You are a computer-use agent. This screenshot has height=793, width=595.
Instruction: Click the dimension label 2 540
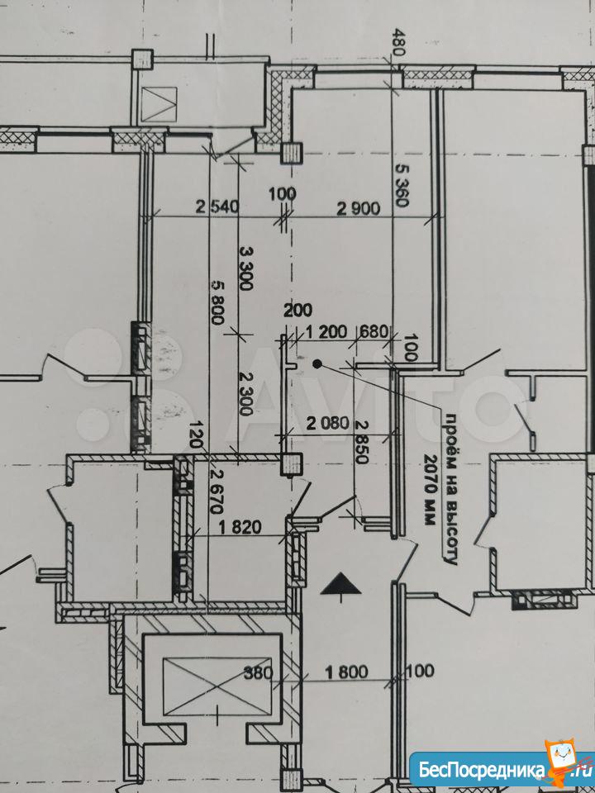(217, 207)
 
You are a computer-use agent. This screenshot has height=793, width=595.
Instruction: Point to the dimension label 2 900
(358, 207)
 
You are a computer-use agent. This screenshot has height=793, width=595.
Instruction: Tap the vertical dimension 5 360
(402, 186)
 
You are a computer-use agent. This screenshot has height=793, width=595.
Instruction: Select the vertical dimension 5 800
(217, 302)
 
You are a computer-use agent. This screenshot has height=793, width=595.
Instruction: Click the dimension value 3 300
(245, 268)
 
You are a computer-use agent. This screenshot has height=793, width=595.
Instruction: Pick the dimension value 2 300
(245, 394)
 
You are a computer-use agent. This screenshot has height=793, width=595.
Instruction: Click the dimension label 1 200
(326, 332)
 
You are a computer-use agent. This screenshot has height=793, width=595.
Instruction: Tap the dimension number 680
(374, 332)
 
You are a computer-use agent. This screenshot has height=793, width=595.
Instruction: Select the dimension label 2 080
(328, 423)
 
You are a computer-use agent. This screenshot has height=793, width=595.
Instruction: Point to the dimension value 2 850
(362, 441)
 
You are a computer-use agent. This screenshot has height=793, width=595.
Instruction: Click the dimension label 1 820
(240, 528)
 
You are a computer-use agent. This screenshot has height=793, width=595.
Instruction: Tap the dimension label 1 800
(346, 672)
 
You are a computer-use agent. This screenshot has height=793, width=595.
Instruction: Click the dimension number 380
(259, 672)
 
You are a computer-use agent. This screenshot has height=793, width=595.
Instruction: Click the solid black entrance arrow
(341, 586)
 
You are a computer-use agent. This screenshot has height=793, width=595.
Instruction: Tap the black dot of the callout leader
(317, 363)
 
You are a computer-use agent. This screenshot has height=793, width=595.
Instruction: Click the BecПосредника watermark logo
(502, 770)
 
